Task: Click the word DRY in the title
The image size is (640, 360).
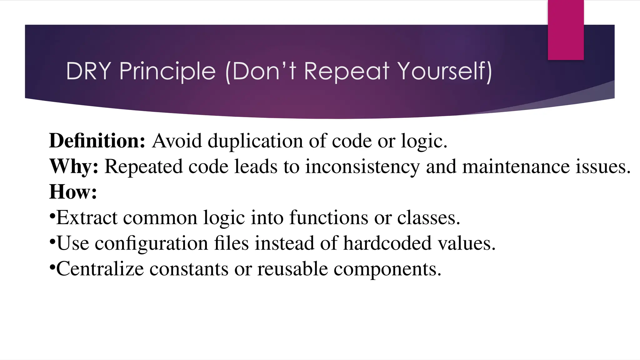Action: [x=88, y=71]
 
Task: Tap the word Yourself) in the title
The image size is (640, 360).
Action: [x=445, y=71]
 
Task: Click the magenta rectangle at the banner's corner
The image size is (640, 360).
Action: [x=566, y=30]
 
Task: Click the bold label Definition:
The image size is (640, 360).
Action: [x=97, y=141]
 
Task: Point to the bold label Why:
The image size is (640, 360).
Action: [x=74, y=166]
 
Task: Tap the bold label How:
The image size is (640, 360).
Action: [x=73, y=192]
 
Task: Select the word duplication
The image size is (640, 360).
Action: [x=255, y=141]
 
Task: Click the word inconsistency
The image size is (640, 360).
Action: [x=362, y=167]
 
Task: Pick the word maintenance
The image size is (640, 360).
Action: [x=516, y=167]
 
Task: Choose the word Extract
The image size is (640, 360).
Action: [x=87, y=217]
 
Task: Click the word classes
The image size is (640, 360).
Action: [x=428, y=217]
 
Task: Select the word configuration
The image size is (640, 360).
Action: [x=151, y=243]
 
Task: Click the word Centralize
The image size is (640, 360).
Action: [x=100, y=269]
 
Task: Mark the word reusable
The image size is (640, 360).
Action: [x=292, y=269]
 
